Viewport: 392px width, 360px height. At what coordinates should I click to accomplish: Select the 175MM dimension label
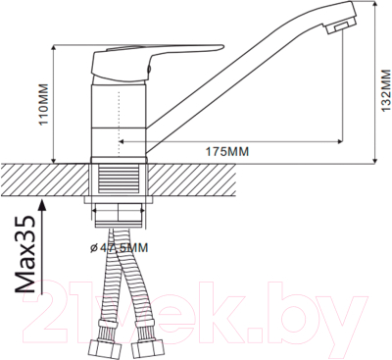(226, 151)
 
